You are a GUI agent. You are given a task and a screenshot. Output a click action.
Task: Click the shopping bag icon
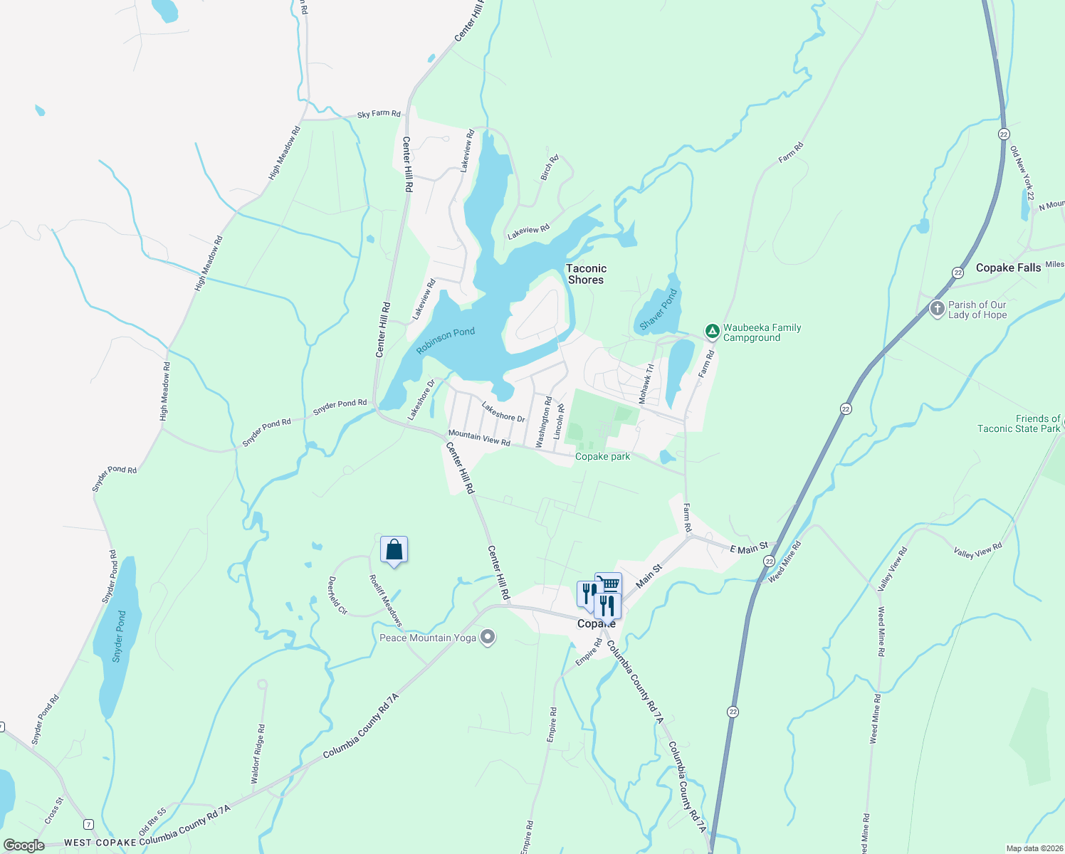(394, 550)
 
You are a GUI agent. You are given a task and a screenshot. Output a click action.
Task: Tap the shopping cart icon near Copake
(609, 584)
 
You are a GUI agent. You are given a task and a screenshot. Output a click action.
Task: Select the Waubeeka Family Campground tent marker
(712, 331)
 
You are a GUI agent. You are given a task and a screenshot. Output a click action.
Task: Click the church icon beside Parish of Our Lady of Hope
(938, 309)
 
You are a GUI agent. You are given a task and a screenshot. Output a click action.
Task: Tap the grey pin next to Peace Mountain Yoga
(488, 637)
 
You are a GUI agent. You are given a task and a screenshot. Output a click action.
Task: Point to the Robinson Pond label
(446, 341)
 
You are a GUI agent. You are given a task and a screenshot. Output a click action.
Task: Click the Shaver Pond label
(659, 310)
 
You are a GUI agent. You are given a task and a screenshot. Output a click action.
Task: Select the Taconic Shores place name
(586, 274)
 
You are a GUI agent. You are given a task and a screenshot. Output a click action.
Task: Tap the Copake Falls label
(1008, 268)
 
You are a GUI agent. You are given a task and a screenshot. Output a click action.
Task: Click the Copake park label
(602, 456)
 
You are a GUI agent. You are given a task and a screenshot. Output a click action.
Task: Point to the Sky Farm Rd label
(379, 114)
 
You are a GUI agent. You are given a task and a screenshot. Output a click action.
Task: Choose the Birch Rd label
(549, 167)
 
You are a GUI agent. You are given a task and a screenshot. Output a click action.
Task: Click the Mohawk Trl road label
(646, 384)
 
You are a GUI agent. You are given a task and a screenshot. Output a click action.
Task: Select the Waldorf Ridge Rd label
(258, 754)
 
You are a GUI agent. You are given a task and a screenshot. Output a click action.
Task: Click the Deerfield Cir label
(337, 595)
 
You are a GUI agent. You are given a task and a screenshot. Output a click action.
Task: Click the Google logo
(24, 845)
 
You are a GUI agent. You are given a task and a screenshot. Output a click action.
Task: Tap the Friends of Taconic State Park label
(1019, 423)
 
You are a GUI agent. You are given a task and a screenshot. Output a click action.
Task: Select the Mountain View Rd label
(479, 438)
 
